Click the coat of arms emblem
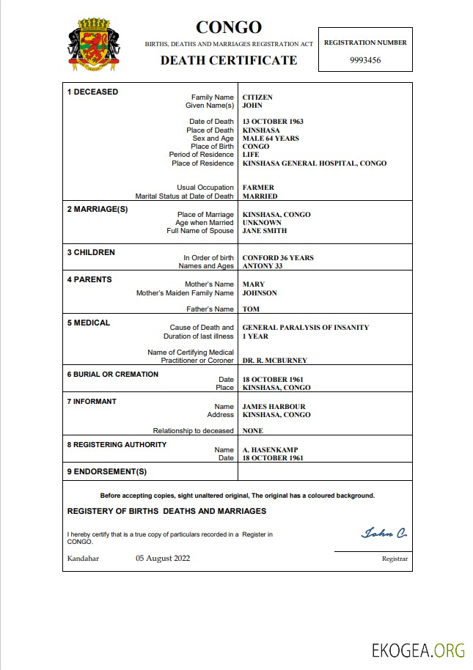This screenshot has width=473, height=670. click(x=92, y=45)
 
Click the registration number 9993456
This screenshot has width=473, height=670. click(x=364, y=61)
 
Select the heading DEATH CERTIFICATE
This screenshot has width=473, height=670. click(x=229, y=60)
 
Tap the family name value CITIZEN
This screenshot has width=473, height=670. click(x=257, y=97)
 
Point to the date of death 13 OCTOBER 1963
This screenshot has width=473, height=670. click(x=273, y=122)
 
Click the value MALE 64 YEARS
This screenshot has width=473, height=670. click(x=271, y=139)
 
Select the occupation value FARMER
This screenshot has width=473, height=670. click(x=258, y=188)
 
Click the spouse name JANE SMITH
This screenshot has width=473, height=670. click(x=265, y=231)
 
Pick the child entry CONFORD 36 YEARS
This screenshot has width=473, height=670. click(x=278, y=258)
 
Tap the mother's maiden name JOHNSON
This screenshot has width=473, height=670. click(x=260, y=293)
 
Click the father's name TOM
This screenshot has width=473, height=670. click(x=251, y=309)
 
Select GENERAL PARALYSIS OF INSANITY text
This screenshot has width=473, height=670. click(x=306, y=328)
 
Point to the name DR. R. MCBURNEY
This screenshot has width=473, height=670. click(x=275, y=361)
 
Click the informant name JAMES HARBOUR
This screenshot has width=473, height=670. click(x=274, y=407)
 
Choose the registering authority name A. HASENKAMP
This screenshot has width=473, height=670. click(x=269, y=450)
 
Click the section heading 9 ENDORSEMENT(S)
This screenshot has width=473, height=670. click(x=107, y=471)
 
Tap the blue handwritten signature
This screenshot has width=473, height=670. click(x=384, y=533)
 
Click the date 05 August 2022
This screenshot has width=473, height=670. click(x=163, y=558)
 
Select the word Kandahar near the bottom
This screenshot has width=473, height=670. click(x=83, y=558)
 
